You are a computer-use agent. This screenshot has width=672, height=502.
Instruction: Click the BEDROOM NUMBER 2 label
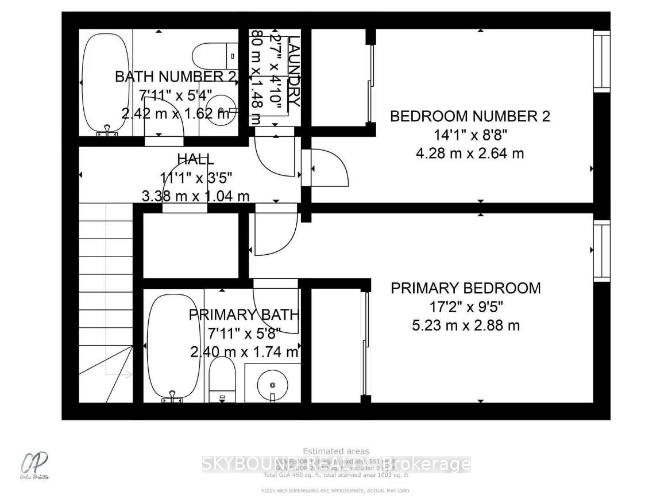470,116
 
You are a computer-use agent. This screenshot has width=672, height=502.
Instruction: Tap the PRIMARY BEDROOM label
466,288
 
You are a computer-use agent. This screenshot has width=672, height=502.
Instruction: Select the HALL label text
196,159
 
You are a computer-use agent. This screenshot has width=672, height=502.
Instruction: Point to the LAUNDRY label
293,71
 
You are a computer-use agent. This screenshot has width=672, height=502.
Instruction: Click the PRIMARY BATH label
244,315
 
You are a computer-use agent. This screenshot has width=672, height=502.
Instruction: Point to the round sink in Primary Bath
272,384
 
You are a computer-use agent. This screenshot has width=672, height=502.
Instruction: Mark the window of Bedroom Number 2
601,61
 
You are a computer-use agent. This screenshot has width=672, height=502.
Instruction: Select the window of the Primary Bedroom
601,251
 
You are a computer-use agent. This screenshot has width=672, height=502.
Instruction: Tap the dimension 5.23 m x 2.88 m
466,325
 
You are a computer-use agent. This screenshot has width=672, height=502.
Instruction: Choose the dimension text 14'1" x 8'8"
470,136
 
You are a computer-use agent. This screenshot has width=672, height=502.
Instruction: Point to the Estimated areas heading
336,451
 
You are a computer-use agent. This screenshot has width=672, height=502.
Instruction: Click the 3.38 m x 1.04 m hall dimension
196,196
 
